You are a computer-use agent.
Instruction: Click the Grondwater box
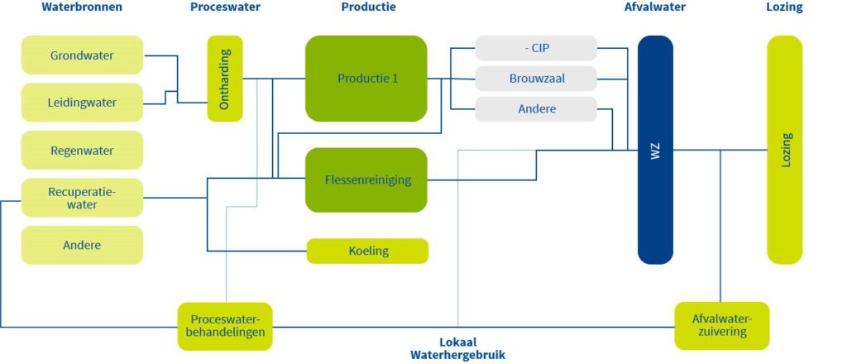(x=82, y=55)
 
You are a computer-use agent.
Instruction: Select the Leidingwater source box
(x=82, y=103)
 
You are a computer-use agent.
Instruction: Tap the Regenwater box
(x=82, y=151)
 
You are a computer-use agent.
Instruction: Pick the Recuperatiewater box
(x=82, y=198)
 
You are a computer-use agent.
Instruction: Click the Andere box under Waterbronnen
(x=82, y=245)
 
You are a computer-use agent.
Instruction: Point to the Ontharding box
(x=225, y=79)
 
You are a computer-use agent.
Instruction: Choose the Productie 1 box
(x=366, y=79)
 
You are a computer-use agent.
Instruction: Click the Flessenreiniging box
(x=366, y=180)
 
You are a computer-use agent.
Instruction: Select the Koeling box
(x=368, y=251)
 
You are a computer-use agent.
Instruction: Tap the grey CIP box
(x=536, y=48)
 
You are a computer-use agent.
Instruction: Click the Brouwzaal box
(x=536, y=79)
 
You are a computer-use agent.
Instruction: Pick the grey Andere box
(x=536, y=109)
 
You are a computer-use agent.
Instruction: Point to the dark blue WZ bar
(x=655, y=150)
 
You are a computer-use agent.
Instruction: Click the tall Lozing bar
(x=784, y=150)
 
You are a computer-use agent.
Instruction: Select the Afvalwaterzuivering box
(x=721, y=325)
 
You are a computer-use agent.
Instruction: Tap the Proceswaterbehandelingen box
(x=225, y=326)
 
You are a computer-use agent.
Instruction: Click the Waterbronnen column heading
(x=82, y=7)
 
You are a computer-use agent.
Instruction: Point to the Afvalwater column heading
(x=654, y=7)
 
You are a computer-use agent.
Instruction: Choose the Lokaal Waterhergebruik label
(x=457, y=348)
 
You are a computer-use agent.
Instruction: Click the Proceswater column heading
(x=225, y=7)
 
